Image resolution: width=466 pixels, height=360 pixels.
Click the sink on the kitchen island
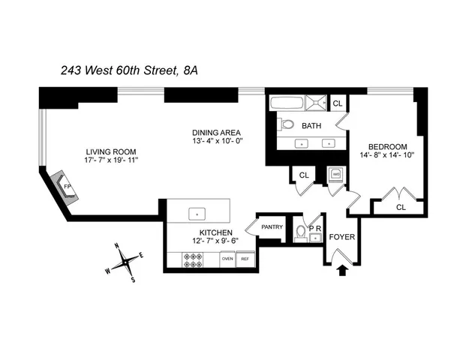[x=198, y=211]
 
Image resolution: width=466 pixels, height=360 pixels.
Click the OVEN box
[x=227, y=259]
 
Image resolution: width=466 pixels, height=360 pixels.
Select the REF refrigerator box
[x=245, y=259]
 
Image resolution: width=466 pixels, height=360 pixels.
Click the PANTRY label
[x=270, y=225]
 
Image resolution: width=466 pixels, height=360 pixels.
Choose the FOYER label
[x=343, y=238]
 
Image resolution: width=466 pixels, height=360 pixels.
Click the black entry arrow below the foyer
[x=342, y=270]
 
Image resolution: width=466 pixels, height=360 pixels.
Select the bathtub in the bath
[x=285, y=103]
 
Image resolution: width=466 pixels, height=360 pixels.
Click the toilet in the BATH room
[x=285, y=124]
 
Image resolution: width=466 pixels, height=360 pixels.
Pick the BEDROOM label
[x=387, y=146]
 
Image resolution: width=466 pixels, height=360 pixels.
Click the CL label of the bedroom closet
[x=401, y=207]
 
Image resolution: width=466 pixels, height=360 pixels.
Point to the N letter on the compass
[x=118, y=246]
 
